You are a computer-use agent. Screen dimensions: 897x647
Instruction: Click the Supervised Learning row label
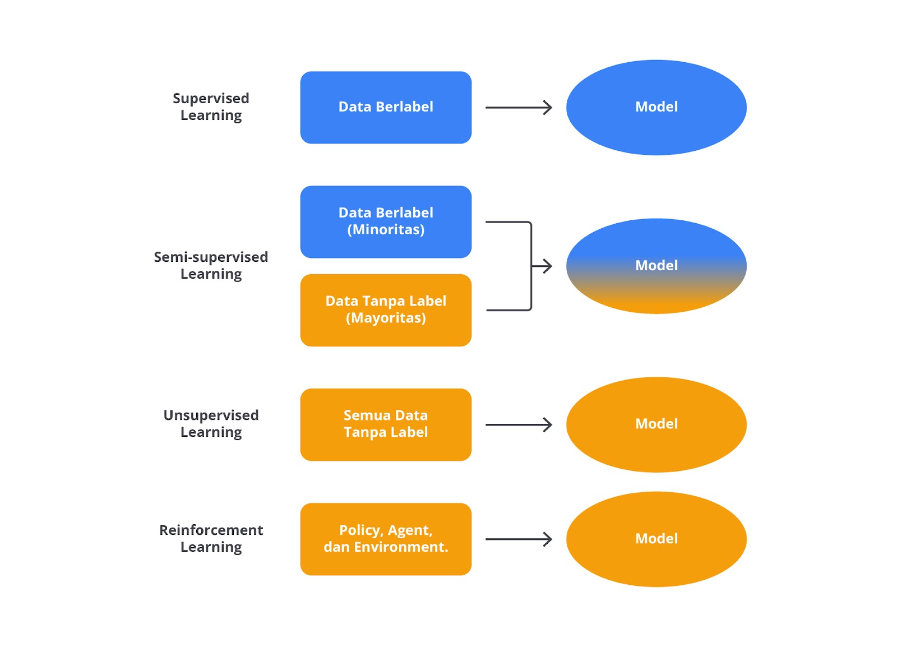[x=211, y=107]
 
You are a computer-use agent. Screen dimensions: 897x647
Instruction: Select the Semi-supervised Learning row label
[x=211, y=265]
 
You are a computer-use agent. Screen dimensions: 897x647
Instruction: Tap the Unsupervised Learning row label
[x=211, y=424]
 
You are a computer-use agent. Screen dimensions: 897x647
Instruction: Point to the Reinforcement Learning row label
[x=211, y=538]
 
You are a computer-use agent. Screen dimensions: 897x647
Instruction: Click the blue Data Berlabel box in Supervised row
[x=386, y=107]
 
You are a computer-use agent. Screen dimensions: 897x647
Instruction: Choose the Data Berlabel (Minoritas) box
[x=386, y=222]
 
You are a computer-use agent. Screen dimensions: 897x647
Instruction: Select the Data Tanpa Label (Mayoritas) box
[x=386, y=310]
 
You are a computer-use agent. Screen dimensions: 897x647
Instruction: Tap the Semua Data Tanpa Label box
[x=386, y=424]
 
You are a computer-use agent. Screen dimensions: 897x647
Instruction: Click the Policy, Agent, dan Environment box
[x=386, y=539]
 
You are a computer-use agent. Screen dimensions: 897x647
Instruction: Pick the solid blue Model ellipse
[x=656, y=107]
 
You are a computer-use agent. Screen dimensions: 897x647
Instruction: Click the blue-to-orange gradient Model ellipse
[x=656, y=266]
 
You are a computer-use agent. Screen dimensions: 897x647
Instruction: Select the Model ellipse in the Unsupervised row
[x=656, y=424]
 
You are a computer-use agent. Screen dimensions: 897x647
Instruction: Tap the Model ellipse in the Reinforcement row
[x=656, y=539]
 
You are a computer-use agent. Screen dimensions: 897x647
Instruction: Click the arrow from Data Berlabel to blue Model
[x=519, y=107]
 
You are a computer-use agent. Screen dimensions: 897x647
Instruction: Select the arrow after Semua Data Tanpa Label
[x=519, y=424]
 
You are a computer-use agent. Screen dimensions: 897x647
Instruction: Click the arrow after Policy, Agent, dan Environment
[x=519, y=539]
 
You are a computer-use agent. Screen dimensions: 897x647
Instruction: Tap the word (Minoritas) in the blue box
[x=386, y=230]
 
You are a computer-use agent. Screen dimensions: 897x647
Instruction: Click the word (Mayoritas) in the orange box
[x=386, y=318]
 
